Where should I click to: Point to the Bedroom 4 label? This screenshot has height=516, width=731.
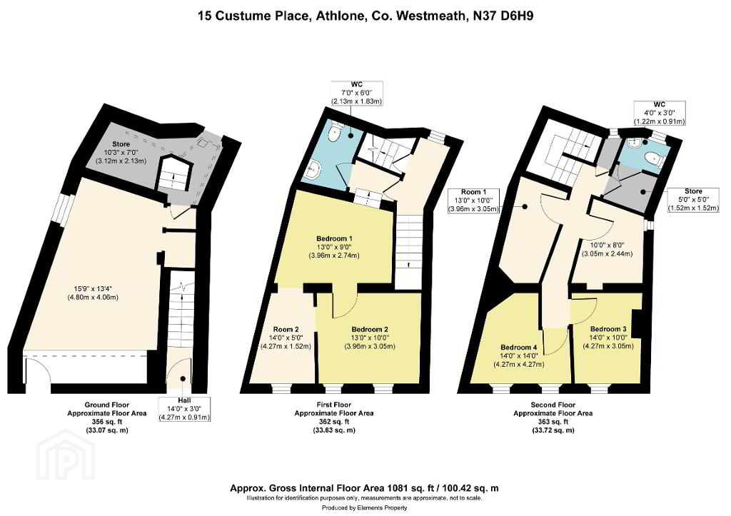tap(519, 348)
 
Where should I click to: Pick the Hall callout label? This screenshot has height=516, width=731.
tap(184, 409)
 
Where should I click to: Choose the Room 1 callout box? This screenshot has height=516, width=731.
tap(474, 201)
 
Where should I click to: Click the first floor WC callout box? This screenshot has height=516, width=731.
tap(357, 93)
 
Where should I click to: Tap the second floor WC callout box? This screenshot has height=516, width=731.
tap(660, 113)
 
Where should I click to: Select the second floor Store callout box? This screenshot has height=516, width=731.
tap(693, 200)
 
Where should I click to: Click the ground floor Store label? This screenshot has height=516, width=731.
tap(121, 144)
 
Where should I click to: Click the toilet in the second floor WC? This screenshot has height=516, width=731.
tap(657, 159)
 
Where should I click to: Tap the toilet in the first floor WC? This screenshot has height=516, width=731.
tap(336, 132)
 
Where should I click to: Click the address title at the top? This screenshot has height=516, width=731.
tap(365, 16)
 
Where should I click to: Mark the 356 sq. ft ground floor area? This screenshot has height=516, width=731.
tap(107, 422)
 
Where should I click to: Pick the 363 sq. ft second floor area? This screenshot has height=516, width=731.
tap(553, 422)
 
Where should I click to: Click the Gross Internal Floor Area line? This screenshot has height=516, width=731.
tap(364, 488)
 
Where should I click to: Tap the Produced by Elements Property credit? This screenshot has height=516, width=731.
tap(365, 507)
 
